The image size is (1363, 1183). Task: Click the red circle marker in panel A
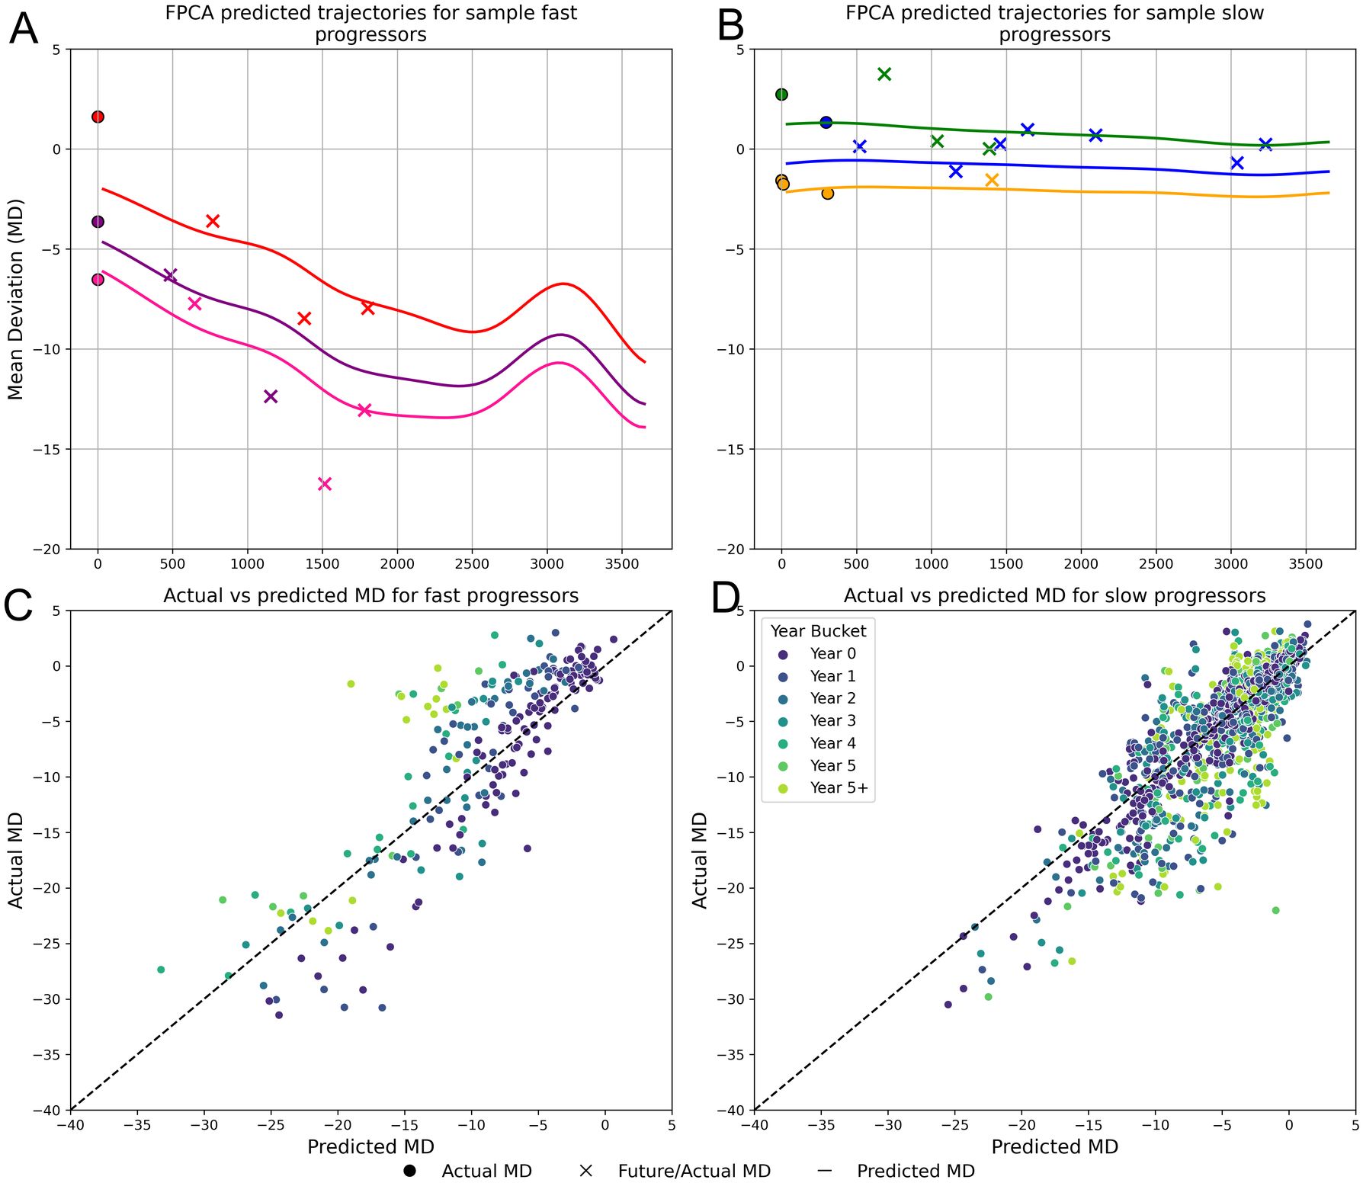98,117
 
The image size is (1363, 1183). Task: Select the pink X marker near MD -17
325,484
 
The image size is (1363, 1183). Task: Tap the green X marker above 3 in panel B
884,74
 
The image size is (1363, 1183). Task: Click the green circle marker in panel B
781,95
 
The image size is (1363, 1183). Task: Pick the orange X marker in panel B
992,180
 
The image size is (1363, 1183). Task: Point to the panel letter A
23,29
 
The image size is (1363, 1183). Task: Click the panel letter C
18,606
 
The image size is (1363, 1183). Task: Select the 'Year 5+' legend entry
839,788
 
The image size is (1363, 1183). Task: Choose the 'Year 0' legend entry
832,654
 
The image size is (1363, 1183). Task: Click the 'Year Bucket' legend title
818,631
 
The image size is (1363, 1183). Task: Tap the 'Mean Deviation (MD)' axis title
16,299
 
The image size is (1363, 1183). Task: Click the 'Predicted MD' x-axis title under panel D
1054,1146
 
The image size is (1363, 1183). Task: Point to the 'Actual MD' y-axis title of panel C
16,860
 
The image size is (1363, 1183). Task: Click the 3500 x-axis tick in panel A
622,564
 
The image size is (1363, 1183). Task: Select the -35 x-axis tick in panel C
137,1124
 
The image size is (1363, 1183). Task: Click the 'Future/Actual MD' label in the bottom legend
694,1171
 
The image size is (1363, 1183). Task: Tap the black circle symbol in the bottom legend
409,1171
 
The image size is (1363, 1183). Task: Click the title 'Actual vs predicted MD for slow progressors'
1054,595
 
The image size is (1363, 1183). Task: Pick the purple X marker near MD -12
271,396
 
